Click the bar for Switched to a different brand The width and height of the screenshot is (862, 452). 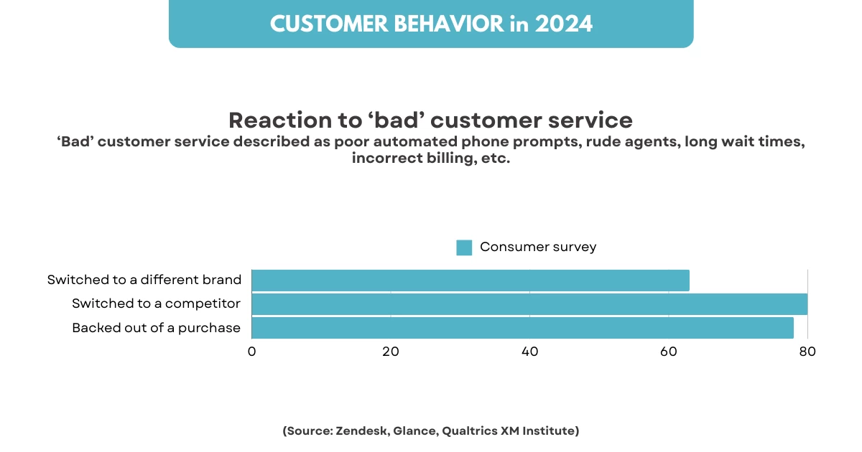471,281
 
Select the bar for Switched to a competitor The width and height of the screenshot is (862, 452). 529,304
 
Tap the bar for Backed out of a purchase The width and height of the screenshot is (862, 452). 522,328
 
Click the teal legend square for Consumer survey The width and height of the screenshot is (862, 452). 464,248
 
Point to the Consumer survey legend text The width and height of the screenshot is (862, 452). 538,247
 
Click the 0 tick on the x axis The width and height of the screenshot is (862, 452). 251,352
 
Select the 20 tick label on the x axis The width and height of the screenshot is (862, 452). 391,352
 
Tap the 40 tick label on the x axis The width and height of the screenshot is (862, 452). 530,352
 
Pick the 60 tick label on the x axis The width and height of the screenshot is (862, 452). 669,352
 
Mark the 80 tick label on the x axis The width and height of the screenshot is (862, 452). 808,352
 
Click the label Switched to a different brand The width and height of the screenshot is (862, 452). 144,280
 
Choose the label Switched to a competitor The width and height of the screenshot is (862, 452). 156,303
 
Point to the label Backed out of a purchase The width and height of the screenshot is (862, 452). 156,328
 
